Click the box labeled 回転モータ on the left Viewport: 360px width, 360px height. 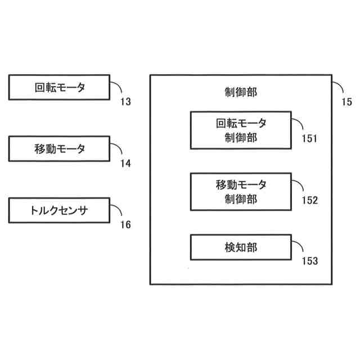[x=59, y=87]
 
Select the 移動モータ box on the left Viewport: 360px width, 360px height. [x=59, y=149]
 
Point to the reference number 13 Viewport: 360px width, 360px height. [x=125, y=102]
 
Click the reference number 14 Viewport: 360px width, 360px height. [x=125, y=164]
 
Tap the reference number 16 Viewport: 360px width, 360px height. [x=125, y=225]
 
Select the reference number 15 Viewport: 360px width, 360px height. [x=346, y=102]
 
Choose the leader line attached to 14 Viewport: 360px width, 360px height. [x=117, y=148]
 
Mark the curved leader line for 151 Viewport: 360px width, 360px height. [x=300, y=122]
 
